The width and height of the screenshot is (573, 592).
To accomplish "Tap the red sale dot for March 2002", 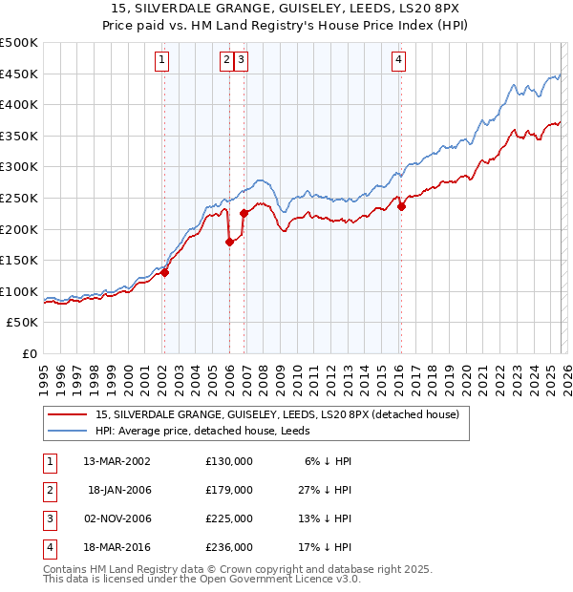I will click(x=164, y=272).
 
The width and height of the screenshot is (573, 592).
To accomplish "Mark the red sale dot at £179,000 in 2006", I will click(x=229, y=242).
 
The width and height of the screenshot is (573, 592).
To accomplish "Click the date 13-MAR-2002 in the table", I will click(x=116, y=460).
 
